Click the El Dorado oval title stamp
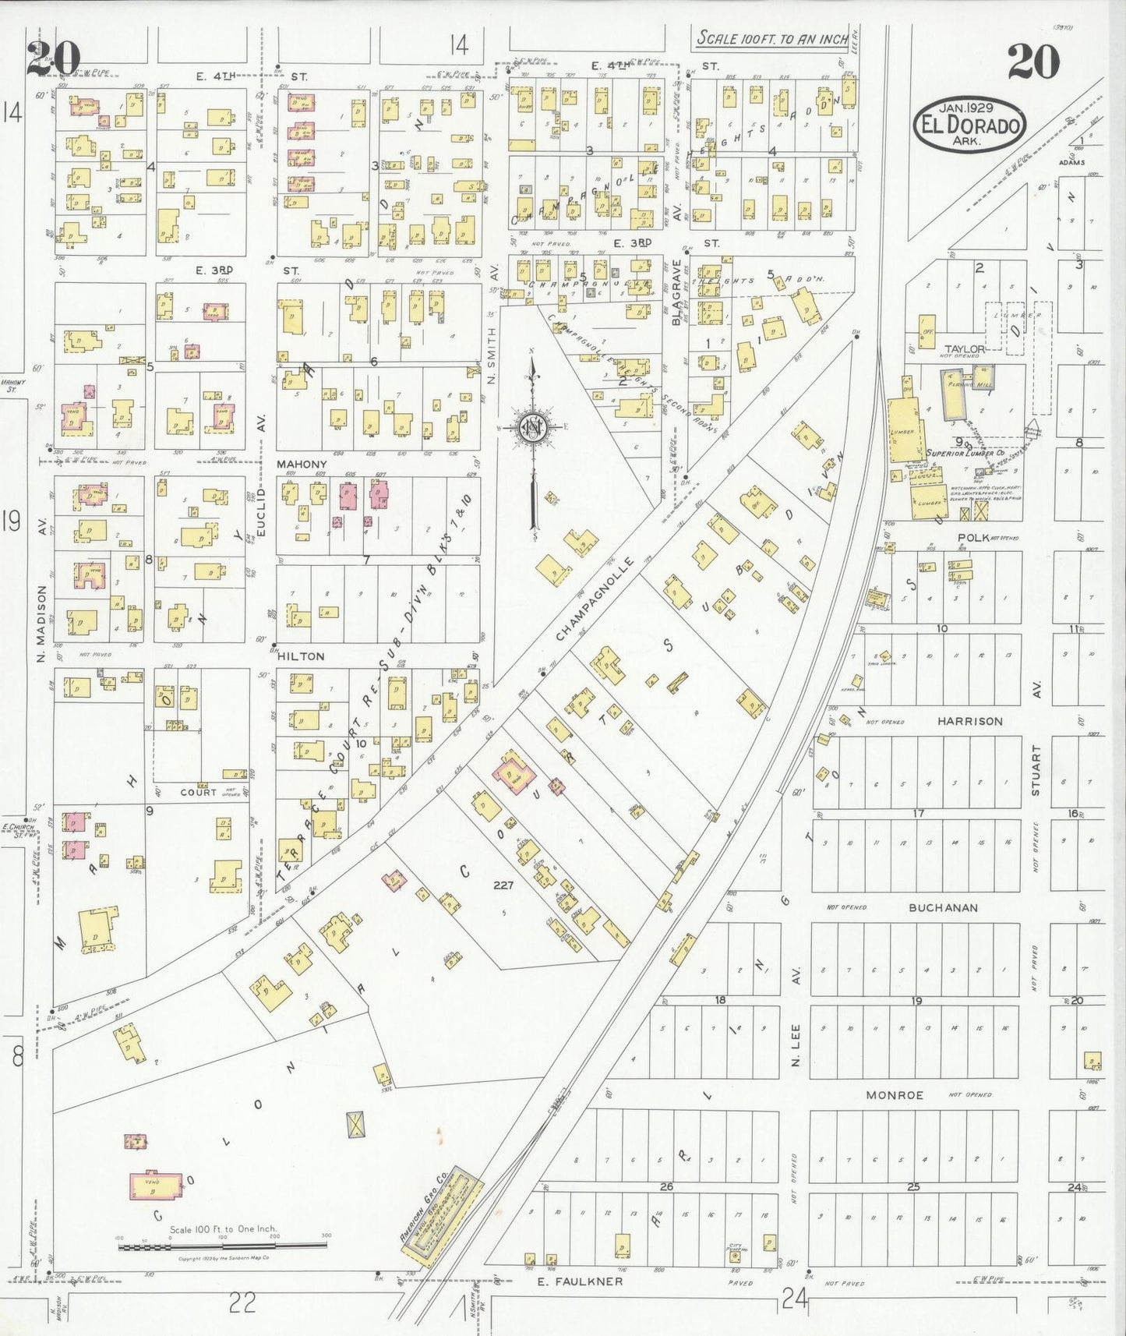pyautogui.click(x=969, y=122)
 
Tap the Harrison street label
pyautogui.click(x=969, y=722)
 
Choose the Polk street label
pyautogui.click(x=972, y=538)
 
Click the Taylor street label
pyautogui.click(x=965, y=349)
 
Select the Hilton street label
pyautogui.click(x=300, y=656)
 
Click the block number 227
pyautogui.click(x=503, y=885)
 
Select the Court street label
pyautogui.click(x=198, y=792)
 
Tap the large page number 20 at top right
pyautogui.click(x=1033, y=62)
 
